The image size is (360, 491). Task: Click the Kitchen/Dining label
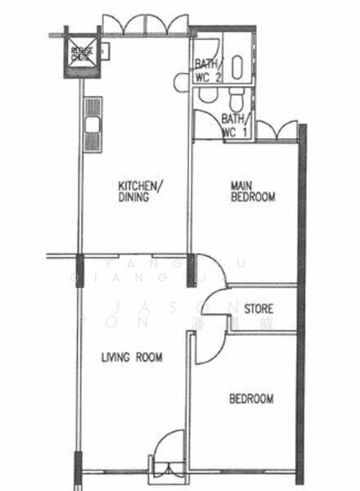click(142, 189)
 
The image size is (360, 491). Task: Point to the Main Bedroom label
click(252, 191)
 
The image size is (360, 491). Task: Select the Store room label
click(259, 309)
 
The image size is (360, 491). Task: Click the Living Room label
click(132, 358)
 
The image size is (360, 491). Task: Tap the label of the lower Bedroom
click(250, 399)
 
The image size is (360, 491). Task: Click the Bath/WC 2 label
click(208, 71)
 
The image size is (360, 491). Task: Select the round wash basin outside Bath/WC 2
click(182, 81)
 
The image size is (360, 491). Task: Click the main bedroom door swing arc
click(209, 270)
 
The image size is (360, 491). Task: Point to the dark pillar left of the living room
click(79, 268)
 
